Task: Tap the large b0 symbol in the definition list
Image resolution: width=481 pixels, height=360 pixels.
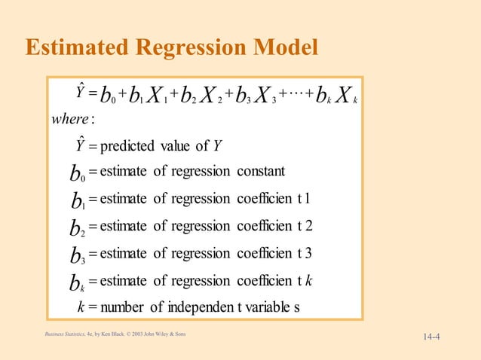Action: [76, 173]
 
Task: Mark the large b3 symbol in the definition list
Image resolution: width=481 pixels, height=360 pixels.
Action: [77, 255]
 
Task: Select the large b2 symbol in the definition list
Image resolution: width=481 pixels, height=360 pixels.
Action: [77, 227]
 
